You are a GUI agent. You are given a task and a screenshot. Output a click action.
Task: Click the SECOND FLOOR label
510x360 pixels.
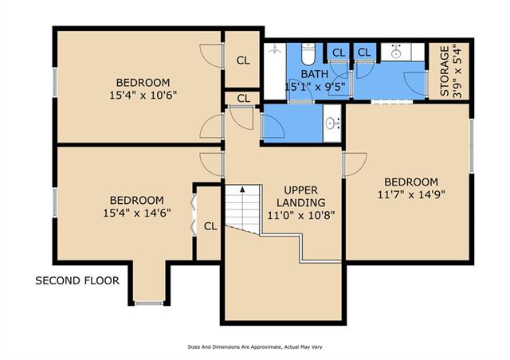(77, 280)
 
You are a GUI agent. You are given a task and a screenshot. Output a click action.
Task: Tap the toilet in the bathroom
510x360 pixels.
(308, 54)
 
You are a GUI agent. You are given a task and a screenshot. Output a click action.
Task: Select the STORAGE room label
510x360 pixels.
(445, 71)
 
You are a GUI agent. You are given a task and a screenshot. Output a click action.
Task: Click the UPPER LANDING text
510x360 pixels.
(301, 196)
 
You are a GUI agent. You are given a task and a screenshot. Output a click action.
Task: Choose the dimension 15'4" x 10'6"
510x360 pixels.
(143, 96)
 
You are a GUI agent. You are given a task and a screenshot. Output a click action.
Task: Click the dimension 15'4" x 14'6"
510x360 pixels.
(137, 213)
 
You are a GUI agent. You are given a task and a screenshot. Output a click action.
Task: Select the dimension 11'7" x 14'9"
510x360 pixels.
(411, 195)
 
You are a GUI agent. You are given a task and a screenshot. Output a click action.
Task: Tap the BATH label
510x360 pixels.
(315, 74)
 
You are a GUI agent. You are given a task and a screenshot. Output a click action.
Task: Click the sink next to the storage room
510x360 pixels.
(396, 52)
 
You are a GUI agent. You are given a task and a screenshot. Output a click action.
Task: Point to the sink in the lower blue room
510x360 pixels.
(332, 123)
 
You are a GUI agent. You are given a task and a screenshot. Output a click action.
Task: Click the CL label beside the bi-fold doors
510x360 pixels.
(210, 226)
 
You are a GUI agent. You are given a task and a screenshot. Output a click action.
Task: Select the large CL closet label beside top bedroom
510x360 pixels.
(243, 61)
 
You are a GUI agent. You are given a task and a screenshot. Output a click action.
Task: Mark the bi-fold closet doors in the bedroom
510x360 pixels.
(193, 215)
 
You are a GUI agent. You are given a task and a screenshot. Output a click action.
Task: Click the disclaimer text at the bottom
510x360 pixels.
(255, 347)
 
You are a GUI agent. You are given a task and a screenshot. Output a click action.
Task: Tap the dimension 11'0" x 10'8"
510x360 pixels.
(301, 215)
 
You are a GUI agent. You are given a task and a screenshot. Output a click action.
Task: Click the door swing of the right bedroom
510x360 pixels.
(355, 165)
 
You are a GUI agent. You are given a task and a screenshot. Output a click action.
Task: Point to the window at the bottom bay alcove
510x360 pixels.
(149, 303)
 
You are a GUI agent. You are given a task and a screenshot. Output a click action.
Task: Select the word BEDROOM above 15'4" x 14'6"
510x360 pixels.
(136, 200)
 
